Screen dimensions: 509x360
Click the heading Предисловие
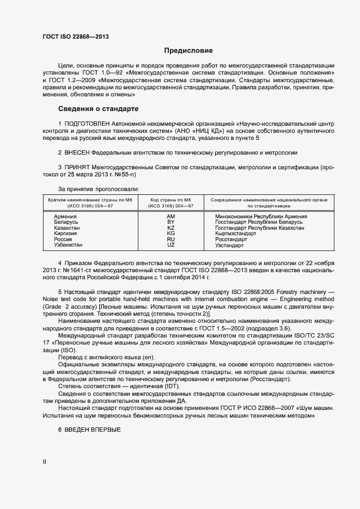click(x=188, y=51)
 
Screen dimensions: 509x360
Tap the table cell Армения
click(x=65, y=216)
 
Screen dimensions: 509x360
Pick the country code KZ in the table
click(x=170, y=228)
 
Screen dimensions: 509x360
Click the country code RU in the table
click(x=170, y=240)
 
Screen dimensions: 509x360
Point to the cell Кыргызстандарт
click(x=236, y=234)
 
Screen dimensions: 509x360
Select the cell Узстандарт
click(x=229, y=246)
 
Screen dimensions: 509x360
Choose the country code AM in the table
click(x=170, y=216)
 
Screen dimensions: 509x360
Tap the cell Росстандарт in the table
click(x=231, y=240)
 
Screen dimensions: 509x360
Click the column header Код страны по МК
click(x=171, y=200)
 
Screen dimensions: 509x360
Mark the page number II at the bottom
click(x=45, y=462)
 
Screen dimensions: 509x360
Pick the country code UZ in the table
click(x=170, y=246)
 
